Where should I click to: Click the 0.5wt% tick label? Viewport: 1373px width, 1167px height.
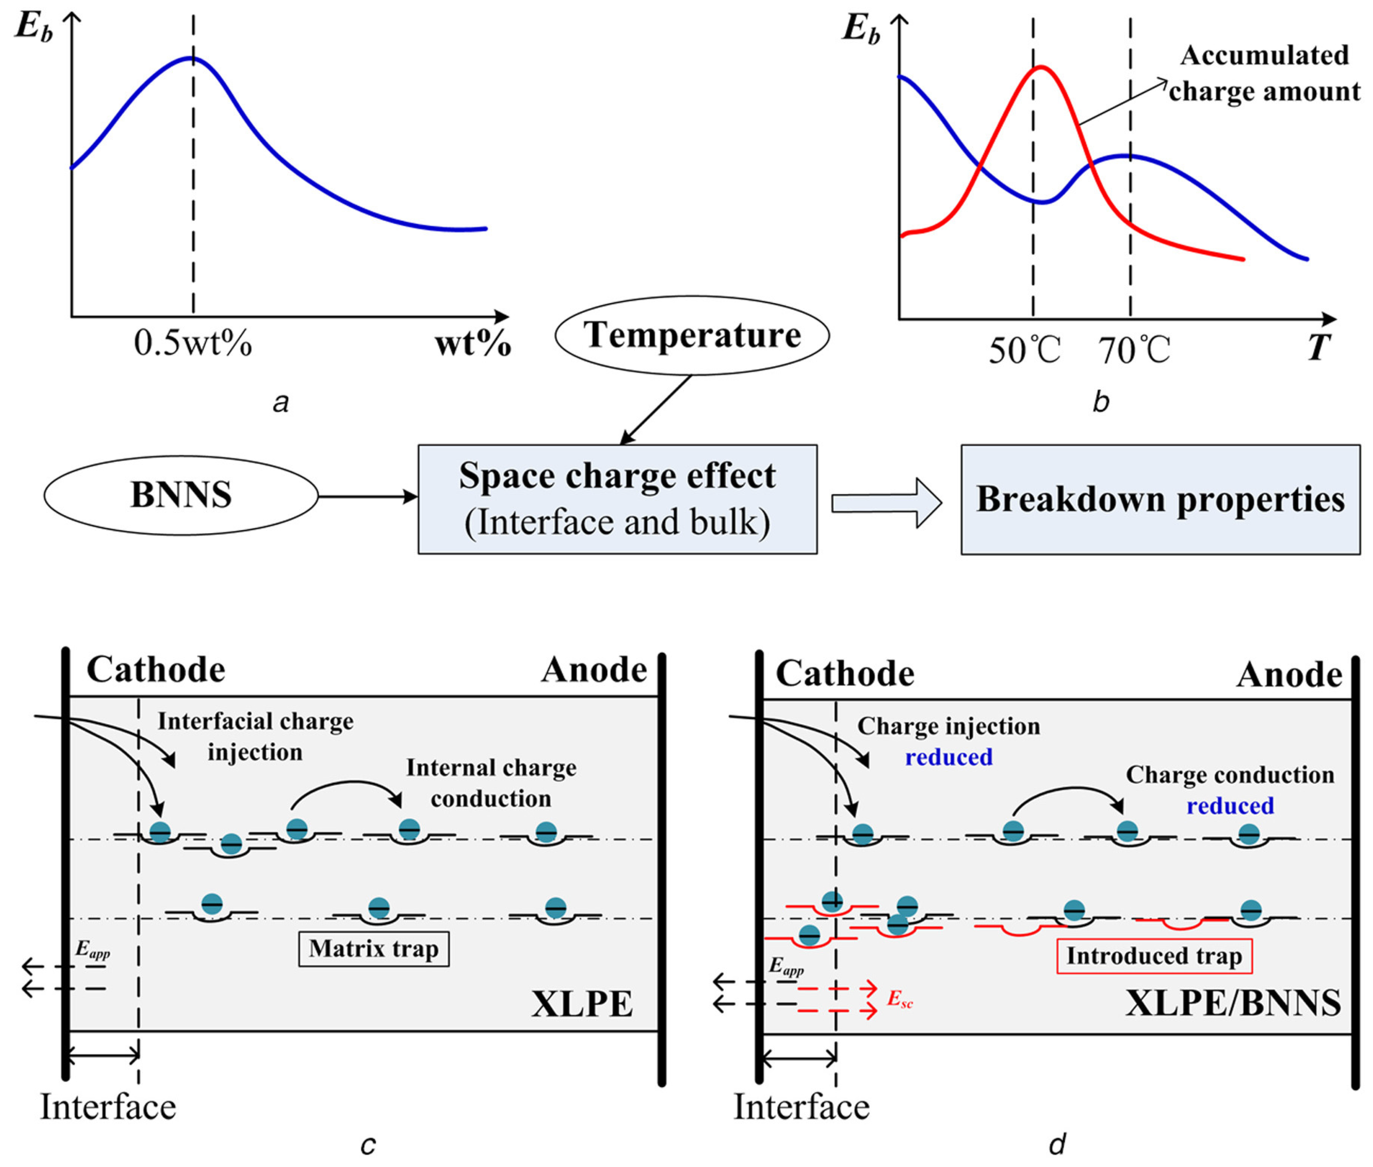[x=193, y=343]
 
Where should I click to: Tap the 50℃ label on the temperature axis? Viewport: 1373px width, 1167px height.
[x=1024, y=350]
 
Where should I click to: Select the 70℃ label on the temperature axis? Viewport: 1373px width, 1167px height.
[x=1134, y=350]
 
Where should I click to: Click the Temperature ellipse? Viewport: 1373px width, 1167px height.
[x=692, y=335]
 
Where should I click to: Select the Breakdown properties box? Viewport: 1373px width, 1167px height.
[x=1160, y=499]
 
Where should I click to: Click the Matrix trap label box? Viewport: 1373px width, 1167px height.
[x=373, y=949]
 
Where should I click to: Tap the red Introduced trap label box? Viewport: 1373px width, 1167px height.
[x=1154, y=957]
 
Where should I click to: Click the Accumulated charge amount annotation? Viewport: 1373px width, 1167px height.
[x=1264, y=73]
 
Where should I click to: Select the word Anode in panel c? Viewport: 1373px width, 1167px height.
[x=594, y=670]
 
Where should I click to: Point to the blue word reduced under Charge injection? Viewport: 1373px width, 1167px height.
[x=948, y=757]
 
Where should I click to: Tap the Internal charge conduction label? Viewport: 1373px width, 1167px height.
[x=491, y=782]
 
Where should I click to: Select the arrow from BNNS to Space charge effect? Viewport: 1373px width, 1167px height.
[x=367, y=496]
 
